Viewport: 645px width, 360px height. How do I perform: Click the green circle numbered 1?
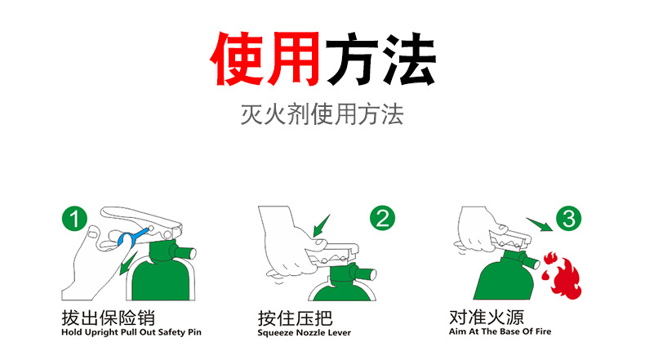click(75, 219)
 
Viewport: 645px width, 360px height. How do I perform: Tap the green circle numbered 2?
click(382, 219)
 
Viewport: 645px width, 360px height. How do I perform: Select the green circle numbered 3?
click(570, 219)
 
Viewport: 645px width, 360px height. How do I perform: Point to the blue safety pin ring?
click(127, 238)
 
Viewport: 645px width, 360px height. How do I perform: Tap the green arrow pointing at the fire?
click(540, 224)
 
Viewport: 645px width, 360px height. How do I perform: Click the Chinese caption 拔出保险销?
click(108, 318)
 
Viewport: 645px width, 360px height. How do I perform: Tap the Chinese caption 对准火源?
click(487, 317)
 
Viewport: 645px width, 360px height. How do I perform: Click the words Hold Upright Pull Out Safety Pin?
click(131, 333)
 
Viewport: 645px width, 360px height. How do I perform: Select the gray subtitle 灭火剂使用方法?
click(322, 113)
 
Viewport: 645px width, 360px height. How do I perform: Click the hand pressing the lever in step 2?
click(286, 241)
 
